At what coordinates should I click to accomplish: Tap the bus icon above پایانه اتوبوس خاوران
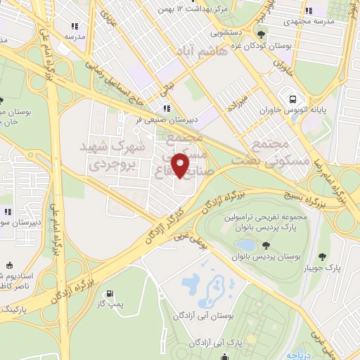[289, 97]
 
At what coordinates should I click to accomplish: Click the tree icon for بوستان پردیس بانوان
[266, 245]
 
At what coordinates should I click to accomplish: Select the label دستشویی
[226, 32]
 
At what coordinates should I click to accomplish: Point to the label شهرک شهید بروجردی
[116, 156]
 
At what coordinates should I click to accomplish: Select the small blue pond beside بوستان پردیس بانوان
[245, 244]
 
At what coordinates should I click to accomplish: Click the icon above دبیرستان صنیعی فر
[167, 108]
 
